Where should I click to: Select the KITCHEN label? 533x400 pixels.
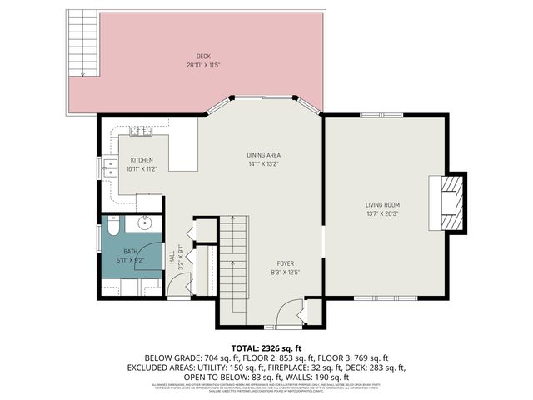tap(141, 161)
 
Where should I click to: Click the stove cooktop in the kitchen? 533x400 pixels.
tap(139, 131)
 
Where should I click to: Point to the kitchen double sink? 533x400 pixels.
tap(108, 167)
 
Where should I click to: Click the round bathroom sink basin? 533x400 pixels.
tap(144, 222)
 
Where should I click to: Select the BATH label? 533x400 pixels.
tap(130, 252)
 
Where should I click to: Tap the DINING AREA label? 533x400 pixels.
tap(262, 156)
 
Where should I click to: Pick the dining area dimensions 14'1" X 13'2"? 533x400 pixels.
tap(262, 164)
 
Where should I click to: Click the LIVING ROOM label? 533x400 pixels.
tap(382, 204)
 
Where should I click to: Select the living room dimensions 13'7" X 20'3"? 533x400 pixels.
tap(382, 212)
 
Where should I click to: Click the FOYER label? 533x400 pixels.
tap(284, 262)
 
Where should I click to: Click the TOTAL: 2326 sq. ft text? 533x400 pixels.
tap(266, 347)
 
